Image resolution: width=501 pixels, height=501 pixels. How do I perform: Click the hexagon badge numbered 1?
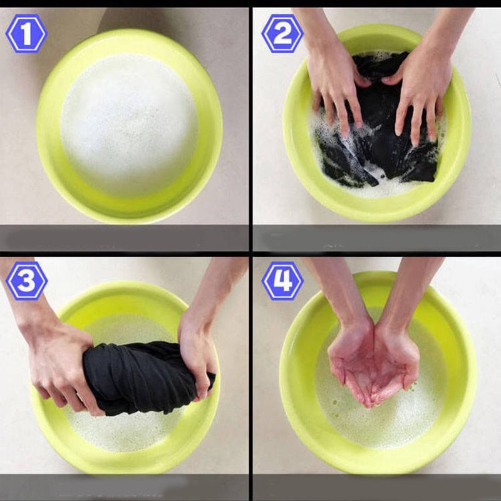[26, 33]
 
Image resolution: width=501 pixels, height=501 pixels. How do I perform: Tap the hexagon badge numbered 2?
[282, 33]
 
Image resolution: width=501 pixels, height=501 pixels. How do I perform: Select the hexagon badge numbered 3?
[26, 281]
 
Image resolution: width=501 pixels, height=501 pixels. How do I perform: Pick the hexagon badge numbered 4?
[282, 281]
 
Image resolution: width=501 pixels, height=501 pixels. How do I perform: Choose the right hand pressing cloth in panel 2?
[418, 93]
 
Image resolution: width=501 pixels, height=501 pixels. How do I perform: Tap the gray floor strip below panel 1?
[124, 238]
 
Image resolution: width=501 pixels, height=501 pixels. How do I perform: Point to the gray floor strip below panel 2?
[377, 238]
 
